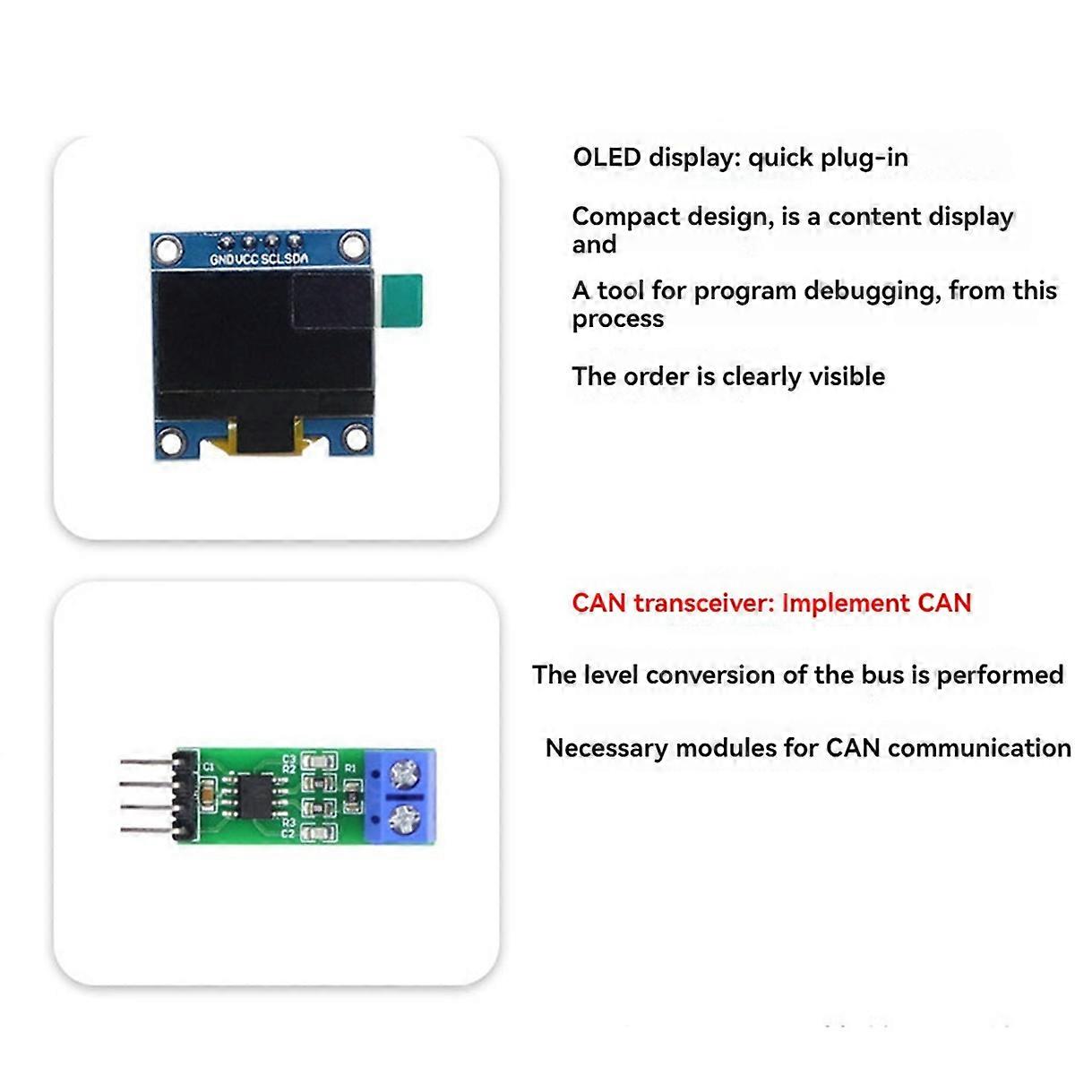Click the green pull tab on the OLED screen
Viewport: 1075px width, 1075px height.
[x=400, y=301]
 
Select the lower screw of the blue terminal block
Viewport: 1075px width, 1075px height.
[x=406, y=817]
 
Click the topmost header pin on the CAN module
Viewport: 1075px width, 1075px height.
[x=143, y=764]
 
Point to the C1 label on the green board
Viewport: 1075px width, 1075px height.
[x=209, y=767]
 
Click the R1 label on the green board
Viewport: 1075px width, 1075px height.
[x=350, y=769]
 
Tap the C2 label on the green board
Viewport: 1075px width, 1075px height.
[x=288, y=834]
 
